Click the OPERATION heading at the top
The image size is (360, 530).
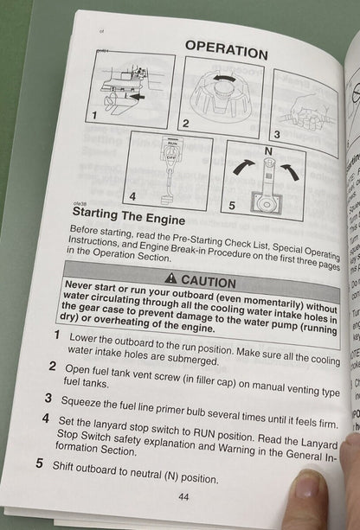coord(227,48)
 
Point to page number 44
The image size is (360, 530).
coord(183,495)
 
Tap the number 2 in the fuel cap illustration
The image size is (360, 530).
coord(185,124)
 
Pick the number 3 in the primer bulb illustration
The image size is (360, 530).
coord(277,135)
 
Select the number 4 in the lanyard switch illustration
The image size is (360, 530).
coord(132,195)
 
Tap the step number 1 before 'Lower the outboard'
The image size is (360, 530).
coord(57,335)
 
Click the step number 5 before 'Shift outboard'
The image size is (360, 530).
coord(40,463)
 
